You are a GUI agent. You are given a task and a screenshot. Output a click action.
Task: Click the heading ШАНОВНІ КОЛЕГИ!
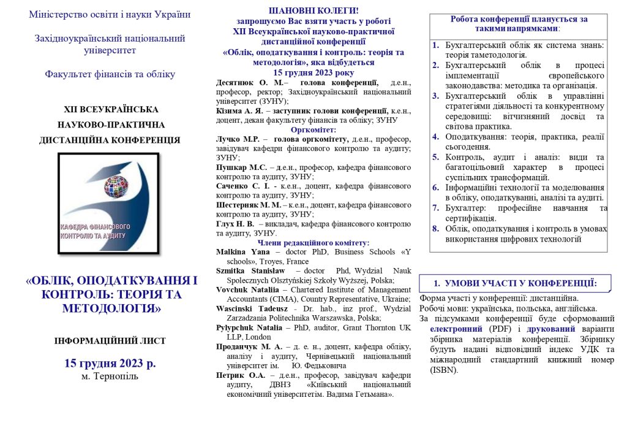pos(313,10)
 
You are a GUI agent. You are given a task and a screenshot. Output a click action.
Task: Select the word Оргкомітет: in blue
pos(313,130)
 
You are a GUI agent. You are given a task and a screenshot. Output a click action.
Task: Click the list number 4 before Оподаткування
pos(435,137)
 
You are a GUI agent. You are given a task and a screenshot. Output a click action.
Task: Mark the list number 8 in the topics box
pos(435,229)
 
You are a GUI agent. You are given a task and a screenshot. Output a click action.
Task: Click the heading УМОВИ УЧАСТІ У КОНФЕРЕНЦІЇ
pos(520,283)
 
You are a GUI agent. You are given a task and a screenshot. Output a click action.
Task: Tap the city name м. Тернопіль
pos(110,376)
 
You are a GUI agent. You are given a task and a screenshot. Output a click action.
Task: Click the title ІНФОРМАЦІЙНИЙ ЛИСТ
pos(110,341)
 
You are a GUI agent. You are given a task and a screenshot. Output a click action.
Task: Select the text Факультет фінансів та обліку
pos(110,75)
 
